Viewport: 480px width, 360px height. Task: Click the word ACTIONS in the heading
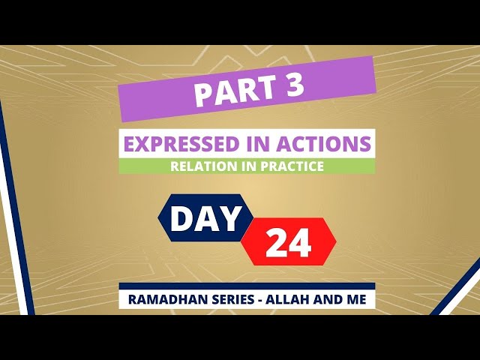pos(324,143)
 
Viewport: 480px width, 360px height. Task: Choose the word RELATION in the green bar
pos(203,166)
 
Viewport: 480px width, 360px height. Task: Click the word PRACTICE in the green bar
pos(292,166)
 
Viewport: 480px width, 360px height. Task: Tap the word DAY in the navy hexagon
pos(205,218)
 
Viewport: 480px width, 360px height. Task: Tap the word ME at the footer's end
pos(356,299)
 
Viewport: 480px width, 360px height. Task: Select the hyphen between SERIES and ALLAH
pos(259,301)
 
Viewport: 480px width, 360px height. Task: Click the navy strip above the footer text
pos(247,286)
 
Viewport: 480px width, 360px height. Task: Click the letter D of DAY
pos(181,218)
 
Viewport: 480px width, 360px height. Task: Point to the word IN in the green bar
pos(248,166)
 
